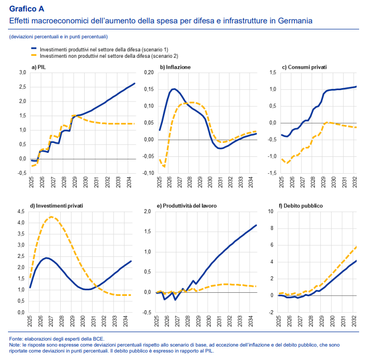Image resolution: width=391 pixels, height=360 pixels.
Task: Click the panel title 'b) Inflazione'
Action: [x=175, y=67]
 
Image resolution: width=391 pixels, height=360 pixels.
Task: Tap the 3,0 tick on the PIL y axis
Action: [x=22, y=73]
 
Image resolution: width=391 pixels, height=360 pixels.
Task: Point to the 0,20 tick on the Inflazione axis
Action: [x=148, y=73]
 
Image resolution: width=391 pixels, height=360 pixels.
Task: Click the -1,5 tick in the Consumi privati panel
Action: [x=272, y=173]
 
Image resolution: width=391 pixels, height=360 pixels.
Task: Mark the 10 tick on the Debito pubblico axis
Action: [x=270, y=212]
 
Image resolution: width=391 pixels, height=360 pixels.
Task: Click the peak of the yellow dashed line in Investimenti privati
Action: [x=51, y=217]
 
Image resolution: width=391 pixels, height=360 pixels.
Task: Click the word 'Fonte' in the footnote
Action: [x=16, y=339]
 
